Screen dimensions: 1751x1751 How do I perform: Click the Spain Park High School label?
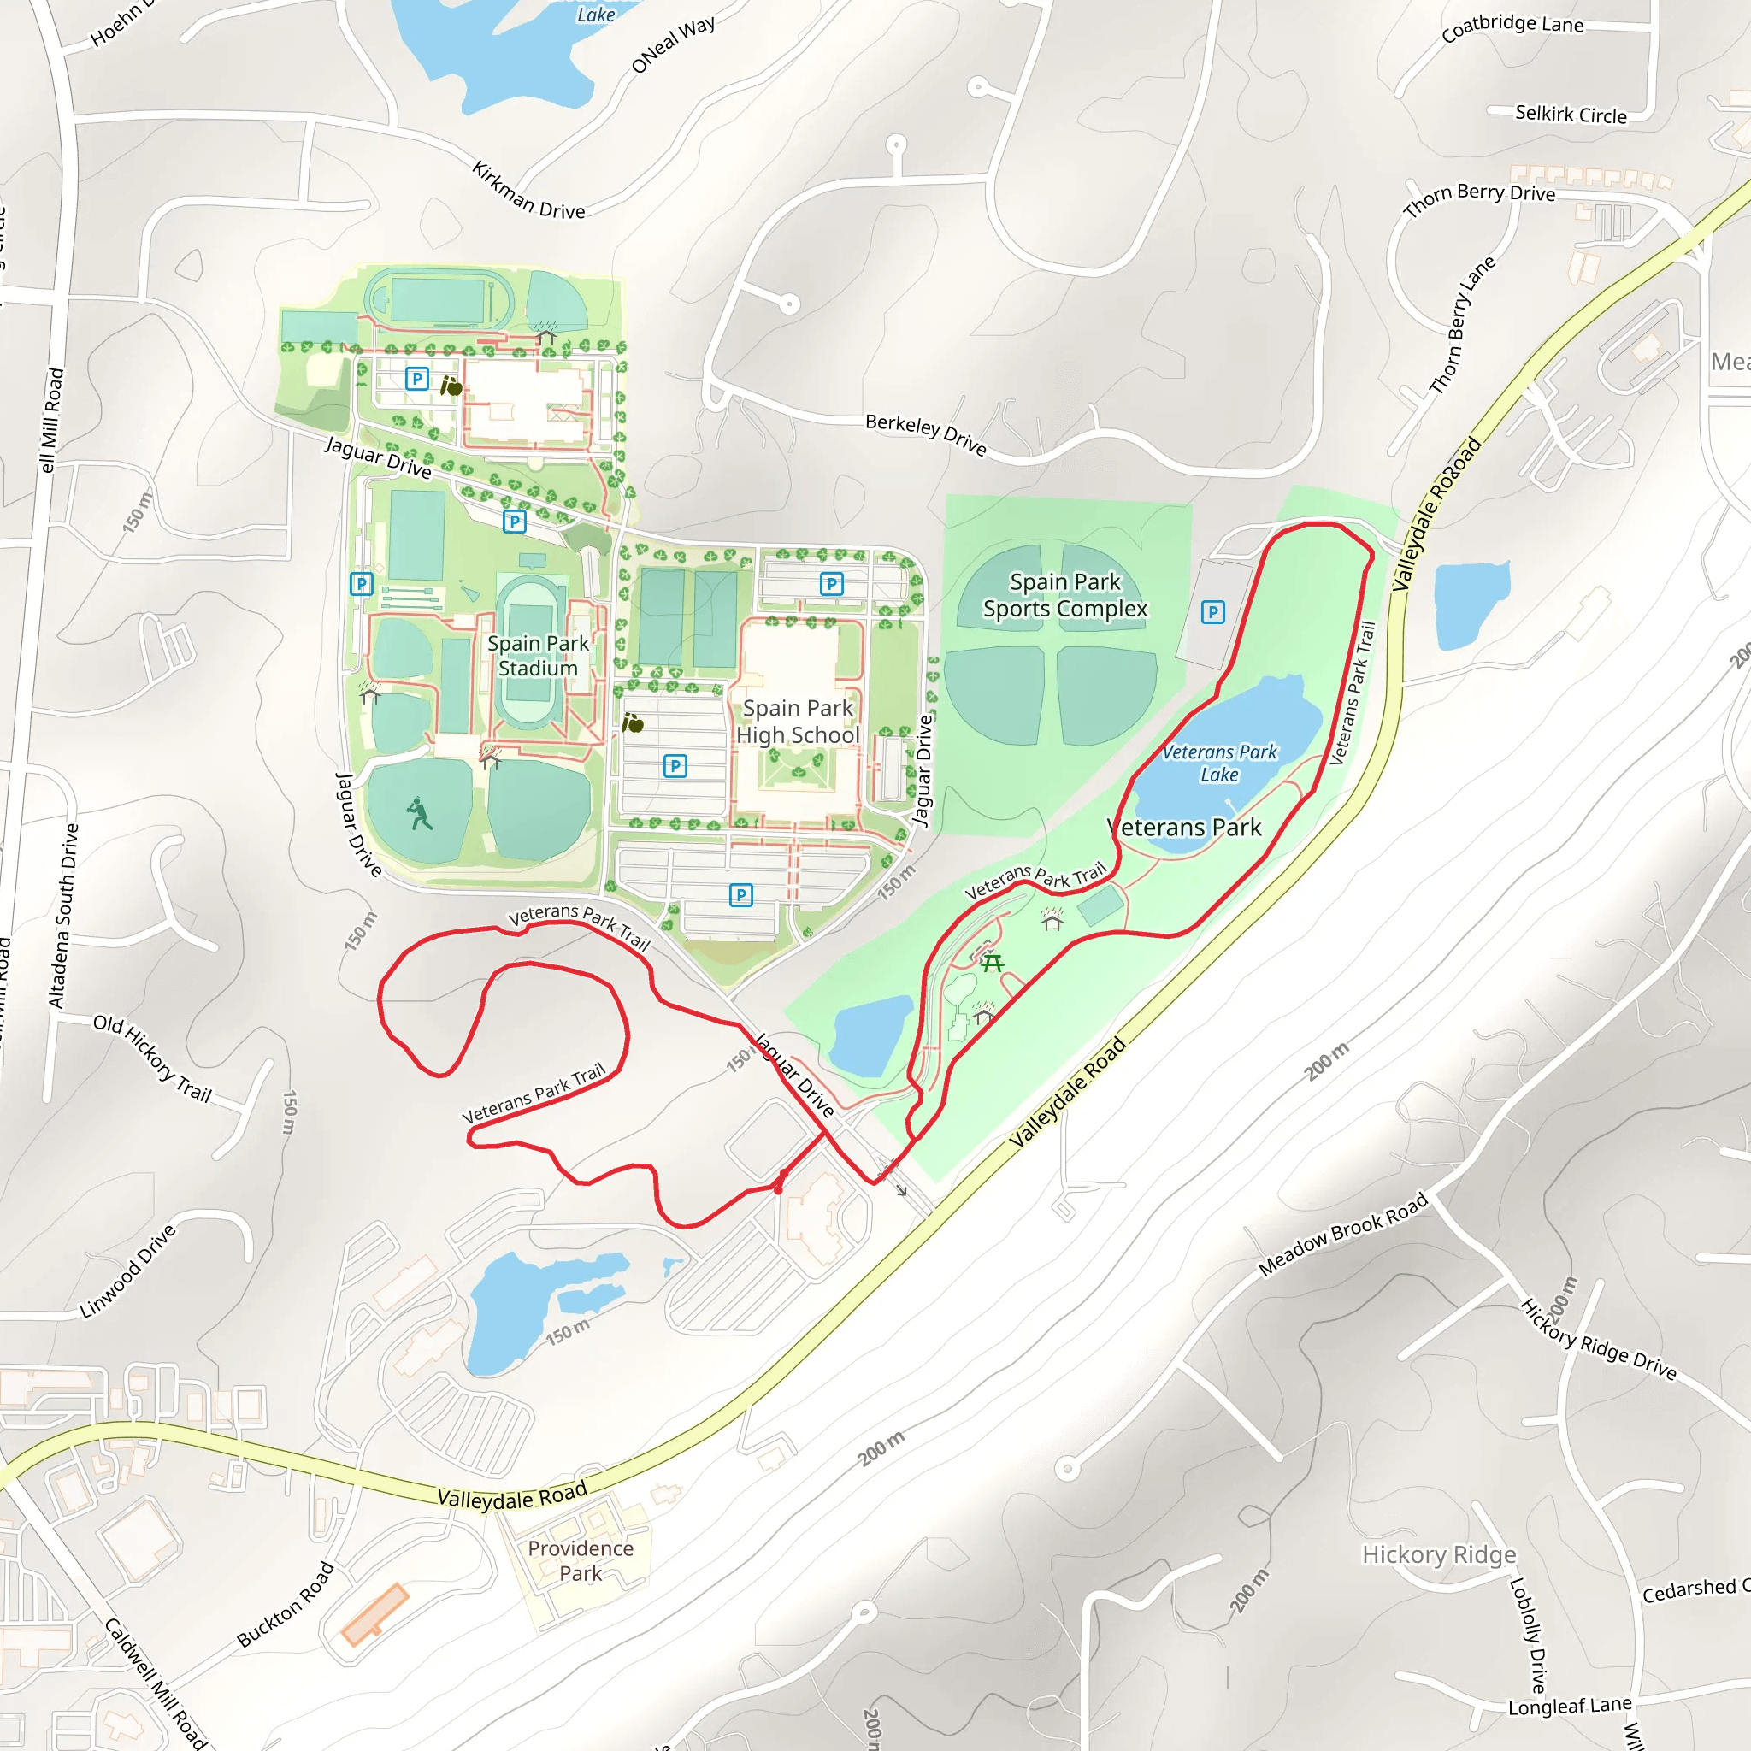tap(797, 722)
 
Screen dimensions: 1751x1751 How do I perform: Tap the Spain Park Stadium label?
tap(539, 655)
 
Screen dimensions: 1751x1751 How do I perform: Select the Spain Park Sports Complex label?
tap(1065, 595)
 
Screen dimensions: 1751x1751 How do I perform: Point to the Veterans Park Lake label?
tap(1219, 763)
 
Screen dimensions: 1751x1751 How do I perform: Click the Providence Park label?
tap(580, 1560)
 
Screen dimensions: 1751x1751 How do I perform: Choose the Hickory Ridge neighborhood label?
tap(1438, 1555)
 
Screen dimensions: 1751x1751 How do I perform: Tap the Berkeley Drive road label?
tap(925, 434)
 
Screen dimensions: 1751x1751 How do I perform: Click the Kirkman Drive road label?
tap(529, 192)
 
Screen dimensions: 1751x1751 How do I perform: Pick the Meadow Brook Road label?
tap(1342, 1235)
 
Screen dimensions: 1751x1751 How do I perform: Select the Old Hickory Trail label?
tap(152, 1058)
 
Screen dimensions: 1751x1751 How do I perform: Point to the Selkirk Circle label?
tap(1571, 115)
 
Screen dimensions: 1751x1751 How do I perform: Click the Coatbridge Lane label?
tap(1512, 27)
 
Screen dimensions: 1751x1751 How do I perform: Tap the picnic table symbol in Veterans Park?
tap(993, 963)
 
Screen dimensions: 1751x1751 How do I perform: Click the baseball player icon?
tap(419, 814)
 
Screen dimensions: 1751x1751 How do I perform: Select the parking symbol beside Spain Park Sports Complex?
tap(1212, 613)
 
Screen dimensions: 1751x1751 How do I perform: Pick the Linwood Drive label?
tap(127, 1271)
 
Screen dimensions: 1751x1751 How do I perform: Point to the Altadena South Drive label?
tap(63, 916)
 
